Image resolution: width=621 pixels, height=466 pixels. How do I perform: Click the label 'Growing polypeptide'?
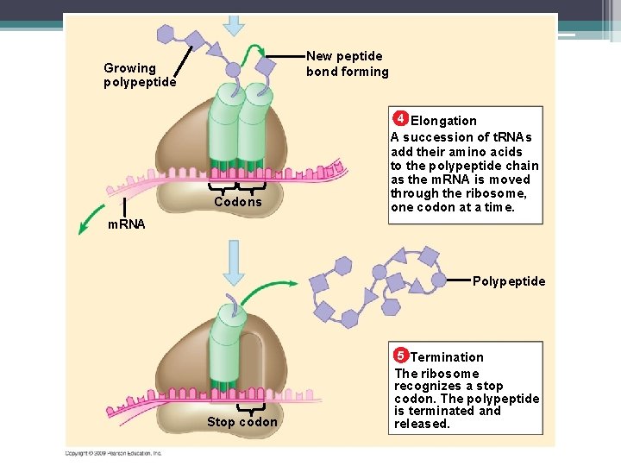point(140,75)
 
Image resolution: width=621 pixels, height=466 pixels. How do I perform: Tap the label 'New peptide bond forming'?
point(348,64)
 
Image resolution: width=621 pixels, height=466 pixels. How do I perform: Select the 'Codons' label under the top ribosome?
point(237,202)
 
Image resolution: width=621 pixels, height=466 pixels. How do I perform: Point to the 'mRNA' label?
point(126,224)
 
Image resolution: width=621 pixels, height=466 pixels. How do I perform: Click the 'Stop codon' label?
point(242,422)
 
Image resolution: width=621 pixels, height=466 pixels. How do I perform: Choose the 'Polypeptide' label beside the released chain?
point(509,281)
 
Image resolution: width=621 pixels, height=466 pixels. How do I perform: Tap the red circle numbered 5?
point(401,356)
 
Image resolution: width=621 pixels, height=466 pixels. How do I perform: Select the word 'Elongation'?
point(443,121)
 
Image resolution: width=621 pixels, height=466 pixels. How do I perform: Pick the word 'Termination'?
point(447,357)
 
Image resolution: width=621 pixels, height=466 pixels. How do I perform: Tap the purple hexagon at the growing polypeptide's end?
point(166,35)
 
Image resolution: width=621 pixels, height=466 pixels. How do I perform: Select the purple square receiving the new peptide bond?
point(267,66)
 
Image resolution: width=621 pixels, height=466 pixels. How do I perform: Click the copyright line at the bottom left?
point(113,453)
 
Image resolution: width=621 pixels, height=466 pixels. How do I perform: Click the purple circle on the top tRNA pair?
point(233,70)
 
